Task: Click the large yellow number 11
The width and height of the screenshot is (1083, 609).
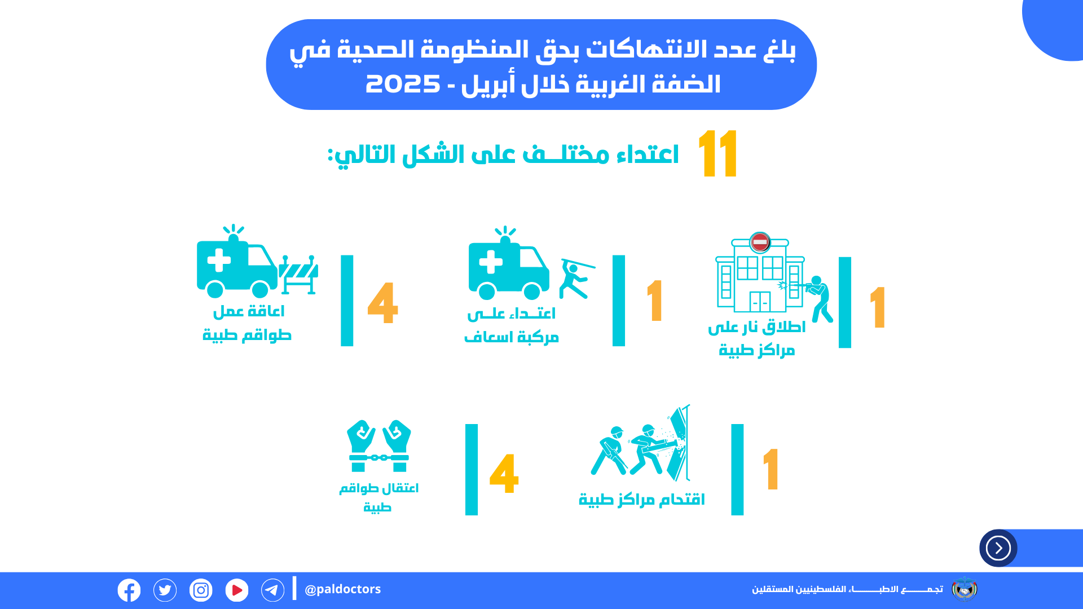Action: (x=717, y=153)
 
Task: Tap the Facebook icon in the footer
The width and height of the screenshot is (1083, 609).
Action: (x=129, y=590)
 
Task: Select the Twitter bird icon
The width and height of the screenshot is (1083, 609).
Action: (x=165, y=590)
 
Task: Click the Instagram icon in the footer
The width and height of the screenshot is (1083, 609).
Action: (x=201, y=590)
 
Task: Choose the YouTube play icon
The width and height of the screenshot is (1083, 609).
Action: (x=237, y=590)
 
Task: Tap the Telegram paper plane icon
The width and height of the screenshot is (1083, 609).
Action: (x=273, y=590)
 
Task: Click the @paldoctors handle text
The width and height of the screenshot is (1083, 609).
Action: (x=342, y=589)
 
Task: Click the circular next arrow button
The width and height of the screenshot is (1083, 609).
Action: (x=998, y=548)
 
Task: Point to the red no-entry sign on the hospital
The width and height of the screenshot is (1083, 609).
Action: (x=760, y=242)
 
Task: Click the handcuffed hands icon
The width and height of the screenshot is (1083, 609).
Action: (x=378, y=445)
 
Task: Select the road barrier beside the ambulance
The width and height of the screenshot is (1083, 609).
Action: (x=298, y=275)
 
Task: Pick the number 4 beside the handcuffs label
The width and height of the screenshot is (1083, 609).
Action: (x=504, y=474)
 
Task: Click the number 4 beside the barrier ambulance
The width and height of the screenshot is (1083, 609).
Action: (x=382, y=303)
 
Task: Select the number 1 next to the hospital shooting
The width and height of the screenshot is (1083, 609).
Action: (x=878, y=307)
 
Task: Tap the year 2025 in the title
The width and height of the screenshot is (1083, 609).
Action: (x=403, y=85)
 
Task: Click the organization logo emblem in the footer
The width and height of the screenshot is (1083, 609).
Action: (x=965, y=589)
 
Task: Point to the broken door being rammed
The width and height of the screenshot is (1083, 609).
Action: (x=679, y=443)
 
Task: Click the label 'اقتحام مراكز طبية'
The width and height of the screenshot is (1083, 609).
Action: (x=642, y=500)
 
